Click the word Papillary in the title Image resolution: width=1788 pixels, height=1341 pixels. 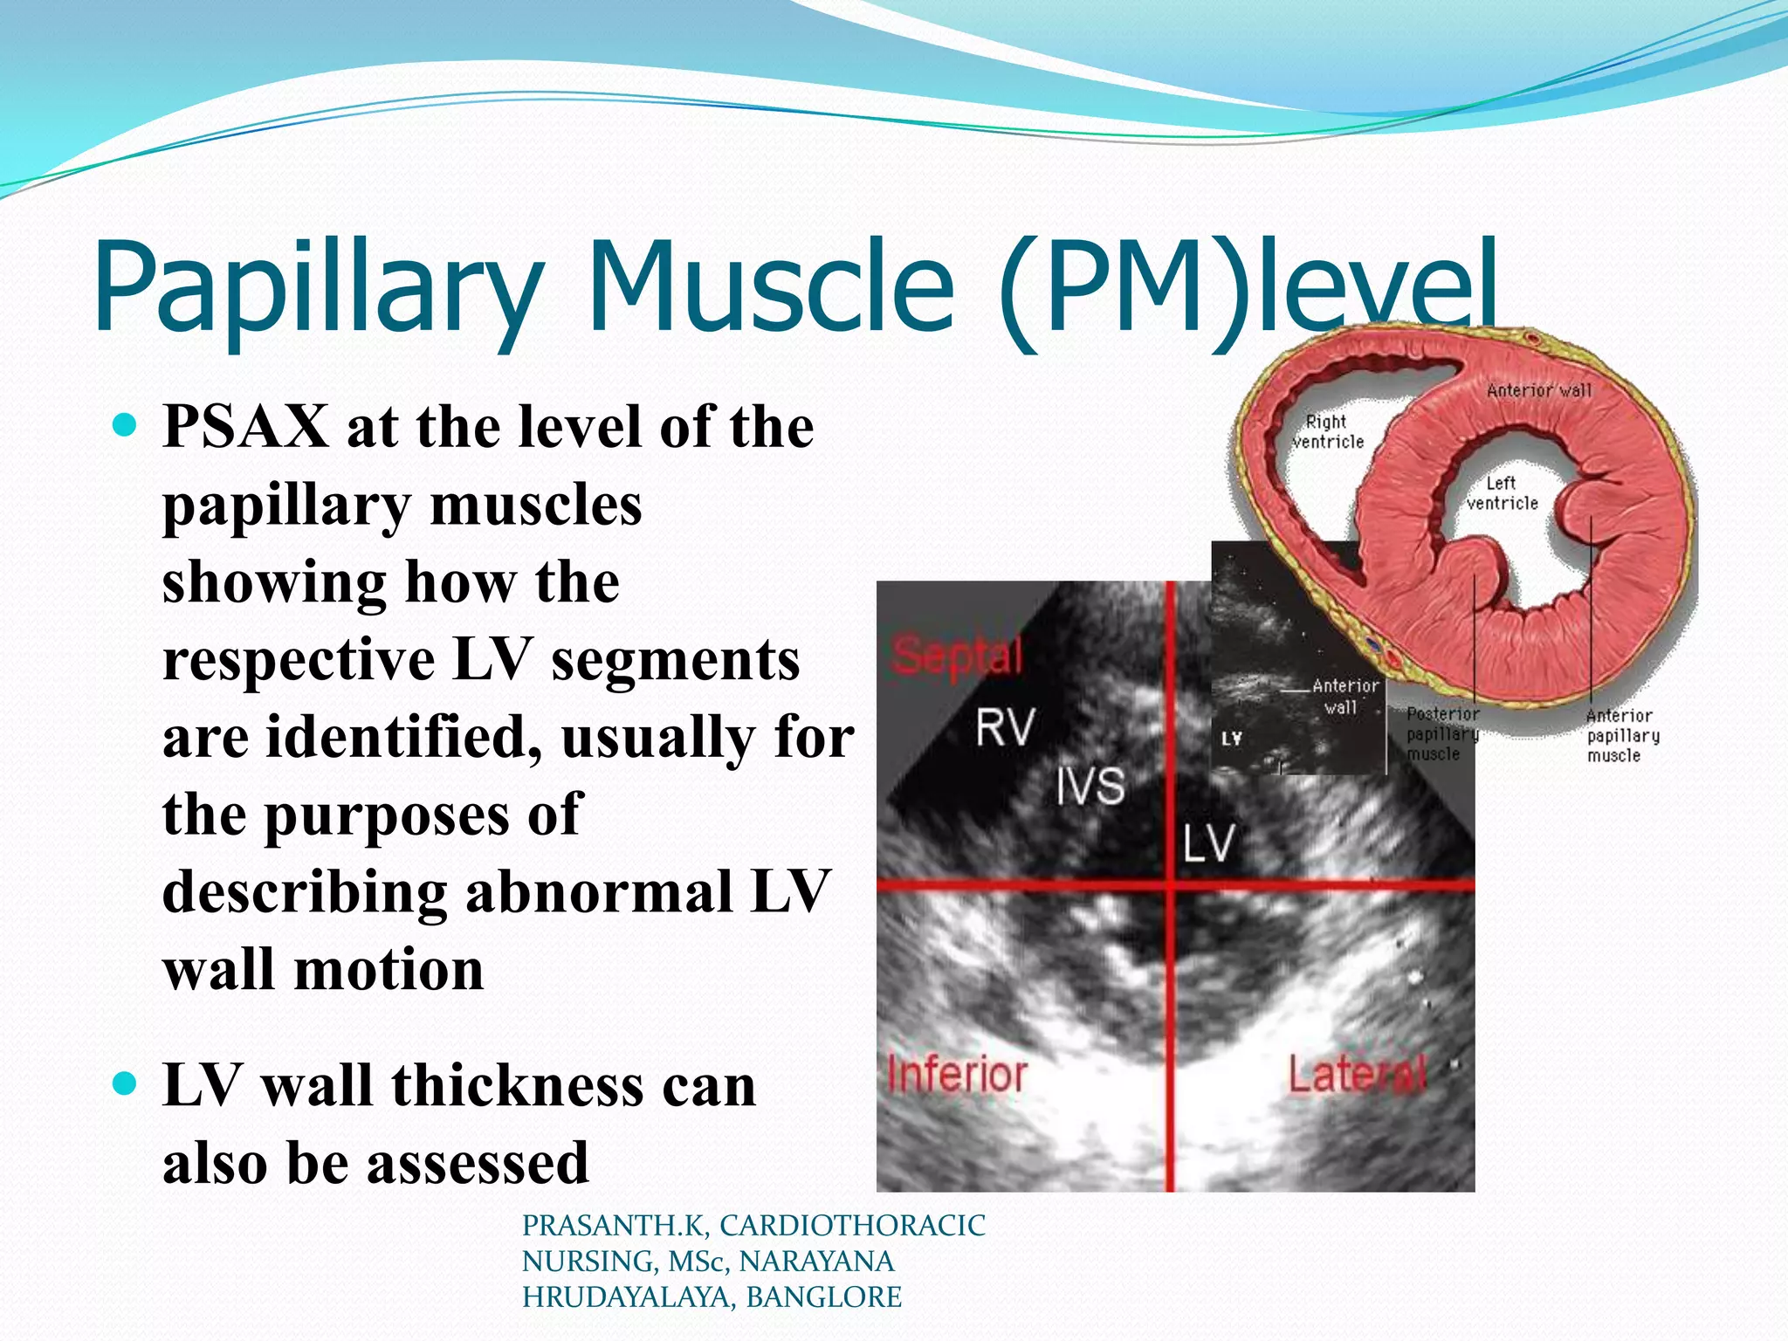point(314,288)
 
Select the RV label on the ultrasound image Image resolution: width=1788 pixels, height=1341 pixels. point(1005,727)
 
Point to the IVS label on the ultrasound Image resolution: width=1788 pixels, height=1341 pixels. point(1090,786)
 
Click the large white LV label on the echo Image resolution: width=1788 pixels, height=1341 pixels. point(1209,842)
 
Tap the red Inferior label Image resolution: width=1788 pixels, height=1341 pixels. point(957,1074)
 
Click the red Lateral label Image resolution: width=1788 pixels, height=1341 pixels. point(1358,1074)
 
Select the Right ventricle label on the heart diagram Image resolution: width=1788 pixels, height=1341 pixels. point(1327,432)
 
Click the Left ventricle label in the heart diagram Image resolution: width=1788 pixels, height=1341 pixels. point(1502,493)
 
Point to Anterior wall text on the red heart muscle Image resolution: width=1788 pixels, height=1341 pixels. point(1539,390)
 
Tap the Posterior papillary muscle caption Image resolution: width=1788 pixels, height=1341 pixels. point(1441,734)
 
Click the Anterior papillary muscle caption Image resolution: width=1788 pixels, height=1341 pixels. point(1622,735)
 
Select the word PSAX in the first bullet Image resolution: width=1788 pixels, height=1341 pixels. point(245,428)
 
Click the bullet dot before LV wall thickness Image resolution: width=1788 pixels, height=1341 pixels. point(126,1084)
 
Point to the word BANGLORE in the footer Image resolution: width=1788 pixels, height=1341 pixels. point(823,1297)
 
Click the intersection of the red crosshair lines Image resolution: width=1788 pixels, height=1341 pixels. point(1170,885)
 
